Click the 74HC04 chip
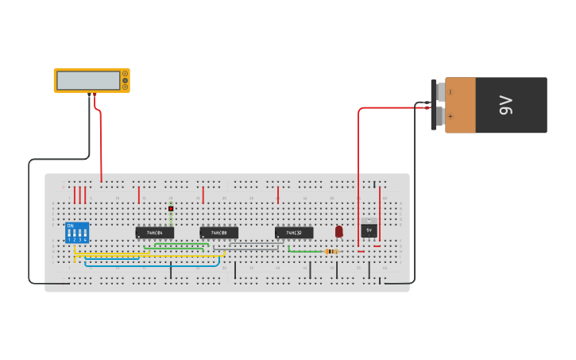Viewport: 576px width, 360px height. click(x=155, y=233)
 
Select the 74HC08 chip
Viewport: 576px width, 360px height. click(x=218, y=233)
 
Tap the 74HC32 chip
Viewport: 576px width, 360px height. click(x=294, y=233)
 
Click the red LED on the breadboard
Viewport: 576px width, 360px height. click(x=339, y=230)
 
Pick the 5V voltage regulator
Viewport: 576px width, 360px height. click(x=369, y=229)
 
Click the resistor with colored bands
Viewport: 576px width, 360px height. click(x=331, y=251)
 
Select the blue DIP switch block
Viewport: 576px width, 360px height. click(x=77, y=232)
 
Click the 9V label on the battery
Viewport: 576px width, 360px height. click(x=505, y=105)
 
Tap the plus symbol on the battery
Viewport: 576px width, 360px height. click(x=450, y=117)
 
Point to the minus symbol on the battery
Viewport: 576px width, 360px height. click(x=450, y=92)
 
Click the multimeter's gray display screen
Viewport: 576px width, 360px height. click(x=88, y=80)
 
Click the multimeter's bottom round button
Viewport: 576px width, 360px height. click(x=125, y=87)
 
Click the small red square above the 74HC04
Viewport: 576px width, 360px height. click(x=171, y=208)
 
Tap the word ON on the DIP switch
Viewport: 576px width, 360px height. click(x=71, y=226)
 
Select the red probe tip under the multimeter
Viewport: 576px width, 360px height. click(x=95, y=96)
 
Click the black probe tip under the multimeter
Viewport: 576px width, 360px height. click(x=89, y=96)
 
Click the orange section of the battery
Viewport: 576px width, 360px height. click(x=460, y=105)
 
